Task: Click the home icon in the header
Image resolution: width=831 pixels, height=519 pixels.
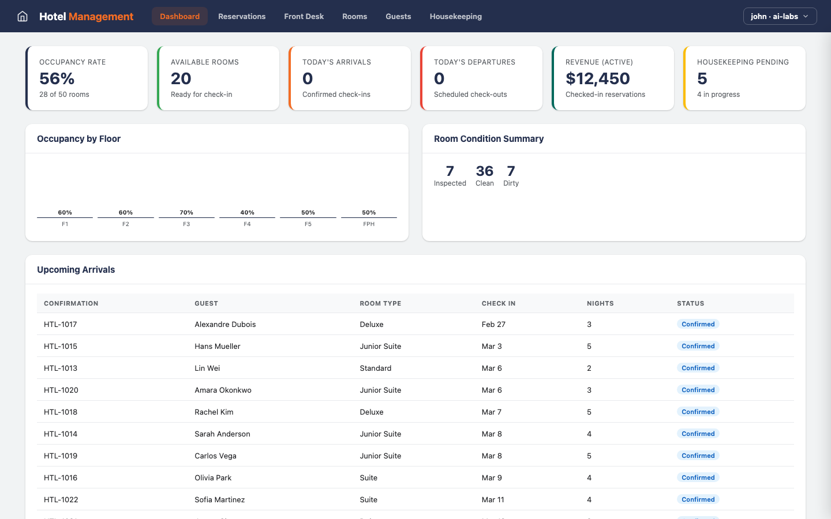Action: [23, 16]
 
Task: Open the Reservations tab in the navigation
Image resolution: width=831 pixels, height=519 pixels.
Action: [242, 16]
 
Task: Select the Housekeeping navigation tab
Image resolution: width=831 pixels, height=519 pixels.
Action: [455, 16]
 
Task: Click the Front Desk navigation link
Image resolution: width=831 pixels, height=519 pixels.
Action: [304, 16]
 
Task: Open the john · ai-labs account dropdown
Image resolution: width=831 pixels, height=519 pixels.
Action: [780, 16]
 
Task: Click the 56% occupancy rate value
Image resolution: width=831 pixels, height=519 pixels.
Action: [57, 78]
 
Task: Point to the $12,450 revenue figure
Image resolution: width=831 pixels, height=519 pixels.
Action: [597, 78]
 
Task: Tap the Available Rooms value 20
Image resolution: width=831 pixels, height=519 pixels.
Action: [181, 78]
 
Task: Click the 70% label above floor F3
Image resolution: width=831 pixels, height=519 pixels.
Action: [186, 212]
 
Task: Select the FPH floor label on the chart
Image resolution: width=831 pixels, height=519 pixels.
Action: [369, 224]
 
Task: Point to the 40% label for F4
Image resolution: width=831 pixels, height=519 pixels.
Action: [247, 212]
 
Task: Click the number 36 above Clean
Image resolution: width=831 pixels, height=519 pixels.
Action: [484, 171]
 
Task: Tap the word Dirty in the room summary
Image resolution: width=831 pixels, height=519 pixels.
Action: [511, 183]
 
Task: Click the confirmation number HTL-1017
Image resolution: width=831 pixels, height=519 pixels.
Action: [61, 324]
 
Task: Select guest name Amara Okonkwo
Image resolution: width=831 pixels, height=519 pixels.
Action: [223, 390]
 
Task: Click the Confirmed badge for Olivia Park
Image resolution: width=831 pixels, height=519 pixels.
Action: [698, 477]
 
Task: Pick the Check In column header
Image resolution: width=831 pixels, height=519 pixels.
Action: [499, 303]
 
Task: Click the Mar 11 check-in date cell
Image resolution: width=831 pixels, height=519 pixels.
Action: [493, 499]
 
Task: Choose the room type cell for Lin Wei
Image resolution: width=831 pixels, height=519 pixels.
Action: [376, 368]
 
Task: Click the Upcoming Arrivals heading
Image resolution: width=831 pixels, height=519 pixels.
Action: [76, 269]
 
